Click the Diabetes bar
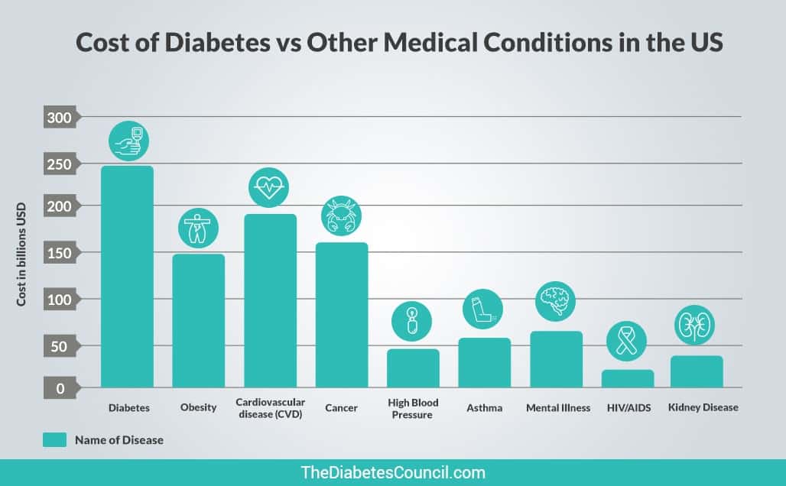click(x=127, y=277)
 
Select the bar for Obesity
click(x=198, y=321)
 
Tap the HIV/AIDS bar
click(x=628, y=378)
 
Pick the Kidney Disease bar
click(x=697, y=371)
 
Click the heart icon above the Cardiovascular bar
click(x=270, y=186)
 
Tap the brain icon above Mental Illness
click(x=556, y=300)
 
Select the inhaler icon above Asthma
click(x=483, y=309)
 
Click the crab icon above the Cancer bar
click(x=341, y=215)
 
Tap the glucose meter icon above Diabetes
click(x=128, y=140)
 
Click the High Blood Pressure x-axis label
click(x=413, y=409)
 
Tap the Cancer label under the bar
click(x=341, y=408)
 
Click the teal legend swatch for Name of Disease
click(x=55, y=439)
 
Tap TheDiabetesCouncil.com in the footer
click(x=393, y=472)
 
